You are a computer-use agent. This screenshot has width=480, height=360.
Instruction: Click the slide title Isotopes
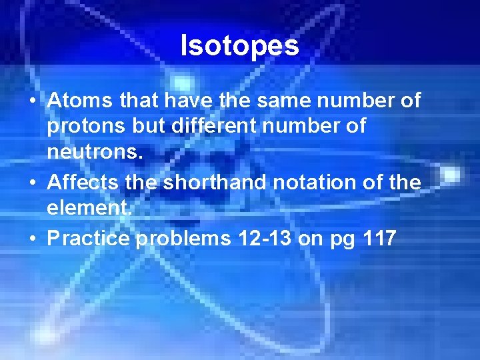[x=240, y=45]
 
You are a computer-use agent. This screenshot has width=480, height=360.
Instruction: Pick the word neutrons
[x=93, y=153]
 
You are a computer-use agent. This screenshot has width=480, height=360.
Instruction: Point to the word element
[x=89, y=209]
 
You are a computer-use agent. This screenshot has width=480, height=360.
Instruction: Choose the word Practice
[x=89, y=238]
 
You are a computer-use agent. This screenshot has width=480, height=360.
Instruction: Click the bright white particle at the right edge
[x=451, y=174]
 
